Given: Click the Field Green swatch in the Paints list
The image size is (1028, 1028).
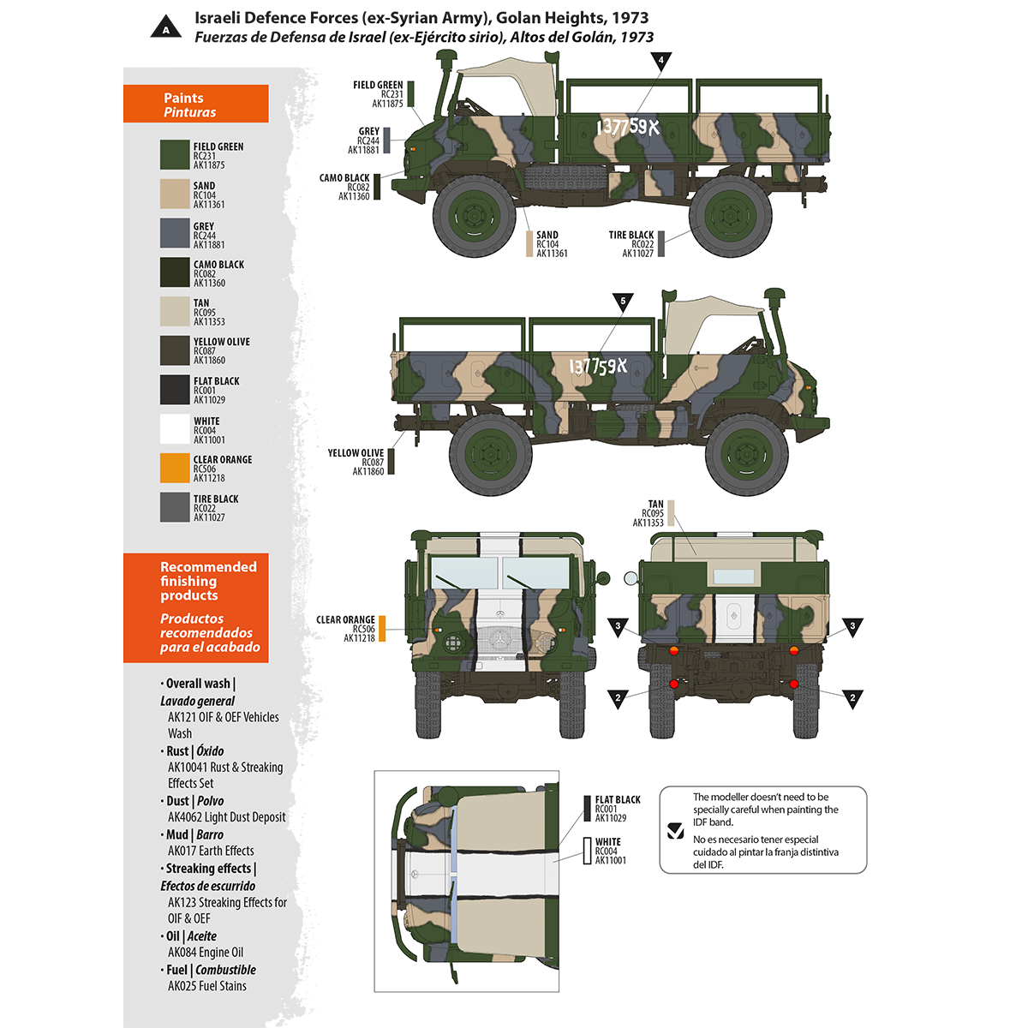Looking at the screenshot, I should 174,155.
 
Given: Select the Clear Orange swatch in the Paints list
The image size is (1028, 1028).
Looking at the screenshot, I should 174,468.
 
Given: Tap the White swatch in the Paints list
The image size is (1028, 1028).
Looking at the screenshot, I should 174,429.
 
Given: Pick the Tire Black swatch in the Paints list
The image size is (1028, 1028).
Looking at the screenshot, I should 174,507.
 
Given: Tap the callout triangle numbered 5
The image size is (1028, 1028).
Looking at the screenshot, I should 623,302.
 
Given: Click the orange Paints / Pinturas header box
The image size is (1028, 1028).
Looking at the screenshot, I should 196,104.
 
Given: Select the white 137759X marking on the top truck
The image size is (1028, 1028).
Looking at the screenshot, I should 628,128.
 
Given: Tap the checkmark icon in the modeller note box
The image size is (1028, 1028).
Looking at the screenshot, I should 675,830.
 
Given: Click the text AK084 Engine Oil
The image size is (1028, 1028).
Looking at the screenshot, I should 206,952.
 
